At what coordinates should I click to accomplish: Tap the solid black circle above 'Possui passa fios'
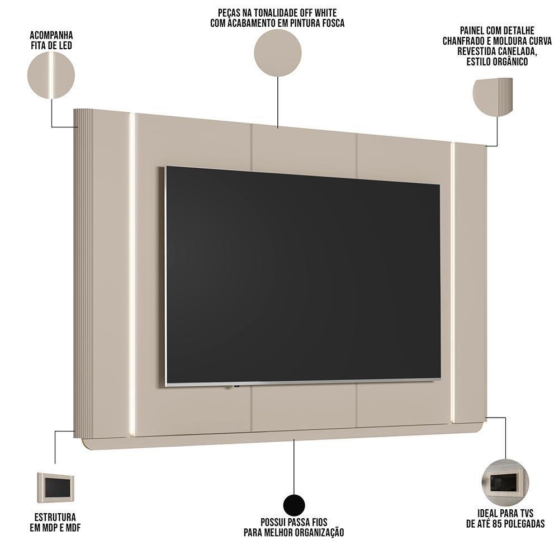(x=294, y=505)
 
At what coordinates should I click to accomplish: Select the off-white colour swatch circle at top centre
(x=278, y=53)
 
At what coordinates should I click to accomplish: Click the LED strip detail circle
(x=51, y=75)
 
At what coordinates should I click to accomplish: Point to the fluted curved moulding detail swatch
(x=492, y=97)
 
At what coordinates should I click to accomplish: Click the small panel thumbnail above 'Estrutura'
(x=56, y=488)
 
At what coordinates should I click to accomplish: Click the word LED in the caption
(x=64, y=45)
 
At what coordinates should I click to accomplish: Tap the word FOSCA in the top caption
(x=331, y=23)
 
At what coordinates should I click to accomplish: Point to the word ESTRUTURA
(x=53, y=517)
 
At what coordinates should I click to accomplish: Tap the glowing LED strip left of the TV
(x=132, y=274)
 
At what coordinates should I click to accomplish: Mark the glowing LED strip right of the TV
(x=453, y=282)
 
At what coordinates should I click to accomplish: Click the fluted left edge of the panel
(x=83, y=274)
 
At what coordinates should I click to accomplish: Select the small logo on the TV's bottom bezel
(x=237, y=386)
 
